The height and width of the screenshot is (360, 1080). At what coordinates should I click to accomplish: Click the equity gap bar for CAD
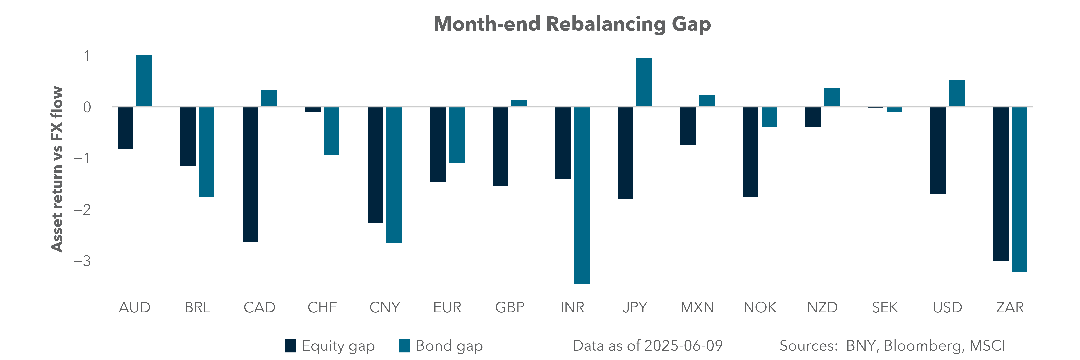(x=250, y=174)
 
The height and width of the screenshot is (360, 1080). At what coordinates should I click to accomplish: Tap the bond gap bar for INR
(x=582, y=195)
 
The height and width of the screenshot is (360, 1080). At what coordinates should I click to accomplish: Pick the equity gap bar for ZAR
(x=1000, y=184)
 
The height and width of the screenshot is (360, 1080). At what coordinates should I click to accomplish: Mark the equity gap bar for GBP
(x=500, y=146)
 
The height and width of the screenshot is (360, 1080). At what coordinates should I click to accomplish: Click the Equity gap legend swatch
(x=290, y=346)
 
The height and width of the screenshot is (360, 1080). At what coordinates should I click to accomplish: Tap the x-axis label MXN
(x=697, y=308)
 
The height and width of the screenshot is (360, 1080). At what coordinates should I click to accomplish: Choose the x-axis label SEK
(x=885, y=308)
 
